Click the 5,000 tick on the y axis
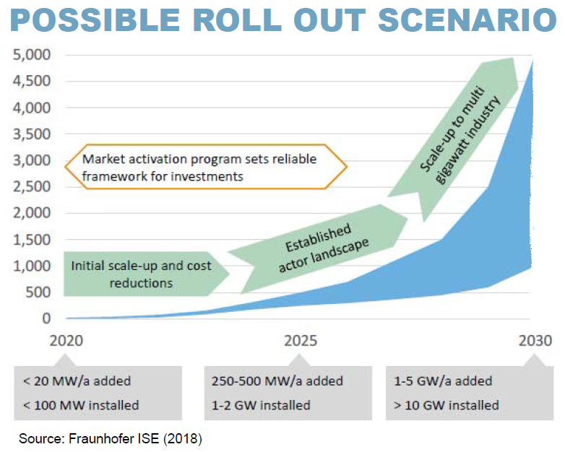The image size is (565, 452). pyautogui.click(x=32, y=55)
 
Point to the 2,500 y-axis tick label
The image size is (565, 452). pyautogui.click(x=32, y=186)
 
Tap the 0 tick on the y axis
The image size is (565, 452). pyautogui.click(x=46, y=318)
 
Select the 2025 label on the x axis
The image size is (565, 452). pyautogui.click(x=301, y=341)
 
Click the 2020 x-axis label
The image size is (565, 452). pyautogui.click(x=66, y=341)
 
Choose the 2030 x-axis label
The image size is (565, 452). pyautogui.click(x=535, y=341)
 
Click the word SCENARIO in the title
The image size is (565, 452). pyautogui.click(x=467, y=19)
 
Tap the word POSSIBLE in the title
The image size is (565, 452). pyautogui.click(x=95, y=19)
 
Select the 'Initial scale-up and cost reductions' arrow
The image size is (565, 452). pyautogui.click(x=146, y=274)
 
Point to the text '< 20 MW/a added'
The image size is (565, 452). pyautogui.click(x=77, y=381)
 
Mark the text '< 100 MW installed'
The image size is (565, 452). pyautogui.click(x=81, y=405)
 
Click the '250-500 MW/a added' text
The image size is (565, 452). pyautogui.click(x=277, y=381)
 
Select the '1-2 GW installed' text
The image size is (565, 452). pyautogui.click(x=261, y=405)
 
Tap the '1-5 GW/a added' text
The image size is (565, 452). pyautogui.click(x=443, y=381)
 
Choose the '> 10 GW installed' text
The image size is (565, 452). pyautogui.click(x=447, y=405)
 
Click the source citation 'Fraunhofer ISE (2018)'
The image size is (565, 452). pyautogui.click(x=136, y=439)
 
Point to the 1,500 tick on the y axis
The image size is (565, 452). pyautogui.click(x=32, y=240)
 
